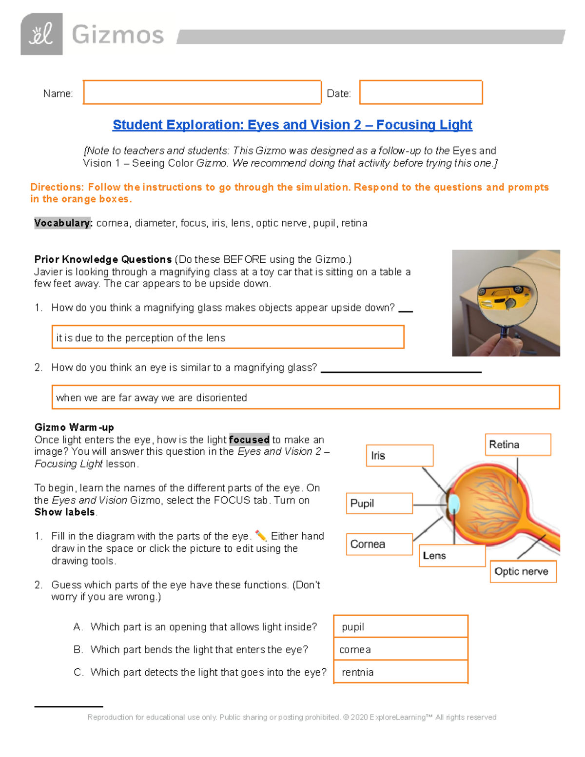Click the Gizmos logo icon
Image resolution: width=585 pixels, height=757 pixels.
(41, 34)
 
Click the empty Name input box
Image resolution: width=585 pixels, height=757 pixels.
(202, 93)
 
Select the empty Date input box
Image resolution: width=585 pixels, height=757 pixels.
(421, 93)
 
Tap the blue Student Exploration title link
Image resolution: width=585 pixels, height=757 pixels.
(292, 125)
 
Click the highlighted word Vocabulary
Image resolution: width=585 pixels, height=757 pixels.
(63, 223)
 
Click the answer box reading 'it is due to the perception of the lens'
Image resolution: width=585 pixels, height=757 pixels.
(228, 337)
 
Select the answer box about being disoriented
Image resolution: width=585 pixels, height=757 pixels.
(305, 397)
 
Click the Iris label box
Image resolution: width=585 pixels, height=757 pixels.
(399, 456)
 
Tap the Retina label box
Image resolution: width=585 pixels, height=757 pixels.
(518, 445)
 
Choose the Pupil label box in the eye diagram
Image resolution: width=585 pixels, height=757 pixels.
(379, 503)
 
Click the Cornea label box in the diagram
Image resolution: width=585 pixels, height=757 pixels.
(379, 544)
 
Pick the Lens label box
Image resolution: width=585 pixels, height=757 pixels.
(451, 556)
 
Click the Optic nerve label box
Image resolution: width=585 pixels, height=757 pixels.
(523, 571)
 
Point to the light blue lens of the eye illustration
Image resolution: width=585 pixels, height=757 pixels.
(454, 504)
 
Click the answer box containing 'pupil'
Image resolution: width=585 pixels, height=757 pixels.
(401, 627)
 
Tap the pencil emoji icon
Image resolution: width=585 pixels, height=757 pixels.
(261, 536)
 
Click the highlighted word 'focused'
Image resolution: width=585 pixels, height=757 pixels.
(249, 440)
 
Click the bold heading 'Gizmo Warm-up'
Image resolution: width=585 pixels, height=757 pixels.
(74, 427)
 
